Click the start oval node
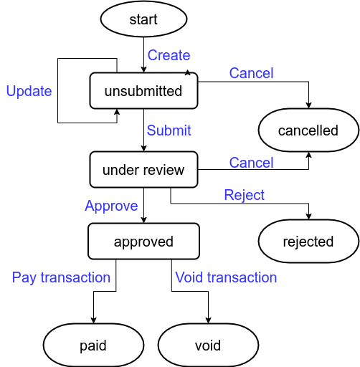143,19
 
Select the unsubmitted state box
143,91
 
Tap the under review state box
143,170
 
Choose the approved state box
143,242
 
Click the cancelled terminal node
308,130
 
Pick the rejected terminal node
308,242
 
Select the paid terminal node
93,345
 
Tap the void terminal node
208,345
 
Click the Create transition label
169,55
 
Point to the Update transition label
29,91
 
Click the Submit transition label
169,130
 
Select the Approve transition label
111,206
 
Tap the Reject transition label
245,195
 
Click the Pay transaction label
61,277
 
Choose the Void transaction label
226,277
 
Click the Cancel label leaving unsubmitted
251,73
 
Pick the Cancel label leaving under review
251,163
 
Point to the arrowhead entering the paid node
93,320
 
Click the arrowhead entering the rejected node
308,216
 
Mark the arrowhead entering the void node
208,320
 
